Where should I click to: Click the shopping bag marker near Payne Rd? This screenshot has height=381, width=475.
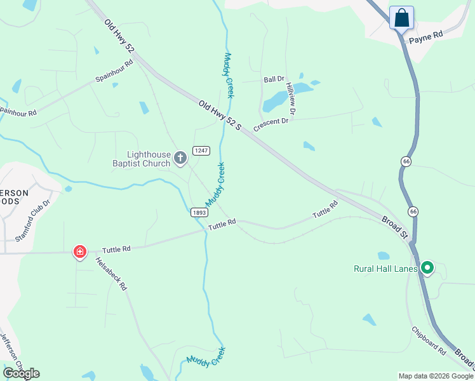tap(401, 18)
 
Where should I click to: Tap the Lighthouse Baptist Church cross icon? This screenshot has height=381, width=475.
tap(180, 157)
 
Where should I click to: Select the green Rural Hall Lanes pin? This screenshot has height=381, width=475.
tap(427, 269)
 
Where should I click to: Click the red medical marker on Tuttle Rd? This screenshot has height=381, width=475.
tap(80, 253)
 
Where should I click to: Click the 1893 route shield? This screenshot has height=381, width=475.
tap(197, 213)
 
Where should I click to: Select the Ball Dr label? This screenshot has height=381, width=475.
tap(274, 79)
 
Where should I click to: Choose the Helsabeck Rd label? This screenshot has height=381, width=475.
tap(110, 274)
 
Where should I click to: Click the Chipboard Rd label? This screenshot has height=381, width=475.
tap(429, 341)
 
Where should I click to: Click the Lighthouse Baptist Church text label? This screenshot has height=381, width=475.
tap(140, 159)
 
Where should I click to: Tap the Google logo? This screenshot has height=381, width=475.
tap(21, 373)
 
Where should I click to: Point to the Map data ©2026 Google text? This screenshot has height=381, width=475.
tap(435, 376)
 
